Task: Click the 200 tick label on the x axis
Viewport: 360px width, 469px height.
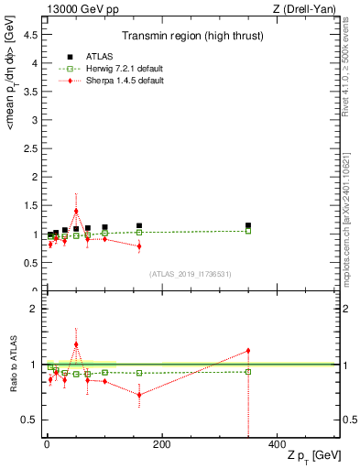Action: [x=161, y=444]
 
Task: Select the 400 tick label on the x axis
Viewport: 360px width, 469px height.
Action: [x=277, y=444]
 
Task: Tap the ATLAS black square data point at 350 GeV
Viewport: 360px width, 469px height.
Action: [x=248, y=225]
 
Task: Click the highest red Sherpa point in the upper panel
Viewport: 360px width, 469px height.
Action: [x=76, y=211]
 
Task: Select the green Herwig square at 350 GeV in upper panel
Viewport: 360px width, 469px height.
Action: [x=248, y=231]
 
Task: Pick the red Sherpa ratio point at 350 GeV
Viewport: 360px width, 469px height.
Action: [x=248, y=351]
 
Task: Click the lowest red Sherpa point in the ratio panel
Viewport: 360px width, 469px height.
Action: [x=139, y=395]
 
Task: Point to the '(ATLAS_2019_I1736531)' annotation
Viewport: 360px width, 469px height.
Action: [x=191, y=274]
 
